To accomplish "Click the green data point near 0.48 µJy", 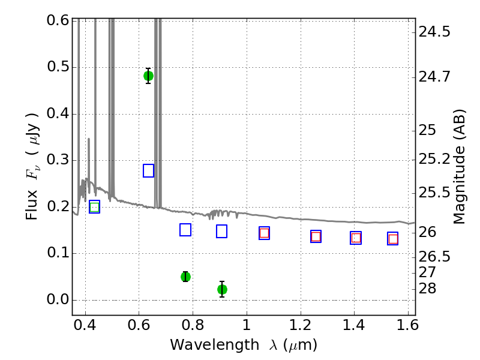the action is coord(148,76).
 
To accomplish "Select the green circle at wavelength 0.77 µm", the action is coord(185,277).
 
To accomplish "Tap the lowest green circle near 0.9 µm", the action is coord(222,289).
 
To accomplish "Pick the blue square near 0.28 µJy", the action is coord(148,170).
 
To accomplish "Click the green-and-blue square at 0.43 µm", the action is coord(95,207).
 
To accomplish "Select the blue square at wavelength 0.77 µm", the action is coord(185,230).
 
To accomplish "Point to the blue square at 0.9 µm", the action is coord(221,232).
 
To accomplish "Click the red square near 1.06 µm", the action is coord(264,233).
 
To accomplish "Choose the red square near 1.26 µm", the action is coord(316,236).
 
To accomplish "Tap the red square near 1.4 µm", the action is coord(356,238).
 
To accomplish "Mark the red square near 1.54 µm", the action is coord(393,239).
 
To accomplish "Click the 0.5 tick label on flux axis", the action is coord(58,67).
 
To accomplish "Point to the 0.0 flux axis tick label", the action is coord(58,299).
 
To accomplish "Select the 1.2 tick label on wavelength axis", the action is coord(301,325).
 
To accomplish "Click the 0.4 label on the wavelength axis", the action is coord(85,325).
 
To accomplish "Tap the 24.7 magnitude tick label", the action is coord(434,77).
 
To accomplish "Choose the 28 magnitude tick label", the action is coord(427,289).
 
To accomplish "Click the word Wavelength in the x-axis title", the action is coord(214,346).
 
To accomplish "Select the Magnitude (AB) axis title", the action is coord(458,167).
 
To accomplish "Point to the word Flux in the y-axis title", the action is coord(32,205).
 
